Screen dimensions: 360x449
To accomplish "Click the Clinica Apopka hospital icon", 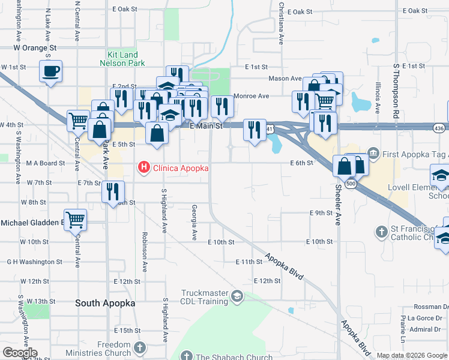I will [145, 167].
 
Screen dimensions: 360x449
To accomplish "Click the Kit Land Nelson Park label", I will [122, 58].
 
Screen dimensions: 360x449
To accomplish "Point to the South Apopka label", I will [105, 303].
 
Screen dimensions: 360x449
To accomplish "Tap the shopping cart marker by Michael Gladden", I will [76, 220].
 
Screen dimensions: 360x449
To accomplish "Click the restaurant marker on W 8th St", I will [113, 192].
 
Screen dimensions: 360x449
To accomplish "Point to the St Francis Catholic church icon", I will [381, 231].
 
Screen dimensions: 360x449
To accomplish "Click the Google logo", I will [20, 353].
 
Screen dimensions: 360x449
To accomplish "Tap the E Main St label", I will [206, 126].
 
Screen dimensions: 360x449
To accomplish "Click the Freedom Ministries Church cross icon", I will [140, 348].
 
